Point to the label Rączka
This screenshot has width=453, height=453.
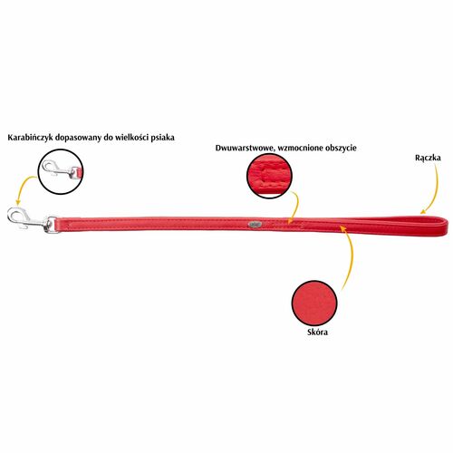pos(428,158)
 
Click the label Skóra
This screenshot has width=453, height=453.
pos(317,333)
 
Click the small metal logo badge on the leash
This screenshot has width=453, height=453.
pos(253,225)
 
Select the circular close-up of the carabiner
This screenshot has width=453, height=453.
pos(61,171)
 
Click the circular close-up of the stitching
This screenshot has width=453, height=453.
pos(269,176)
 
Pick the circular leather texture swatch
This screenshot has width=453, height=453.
pos(314,303)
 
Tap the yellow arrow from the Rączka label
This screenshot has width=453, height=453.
pos(434,190)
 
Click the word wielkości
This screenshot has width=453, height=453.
pos(133,138)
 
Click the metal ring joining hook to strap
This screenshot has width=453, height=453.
pos(51,224)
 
